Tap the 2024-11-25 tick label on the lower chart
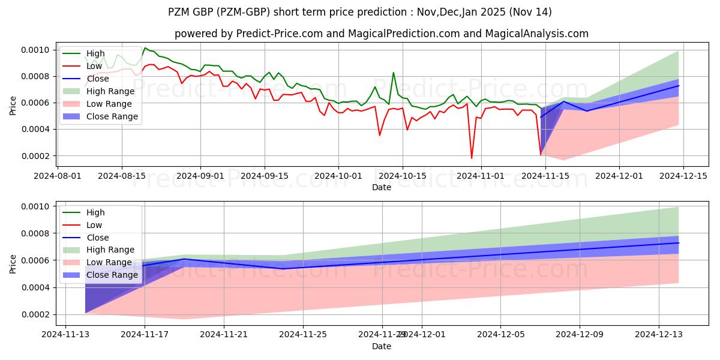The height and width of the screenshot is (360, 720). (303, 334)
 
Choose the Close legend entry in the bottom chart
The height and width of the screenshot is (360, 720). (97, 238)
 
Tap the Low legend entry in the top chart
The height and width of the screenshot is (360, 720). (94, 66)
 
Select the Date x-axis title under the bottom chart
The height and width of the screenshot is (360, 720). (382, 346)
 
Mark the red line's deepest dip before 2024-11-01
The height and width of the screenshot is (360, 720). (472, 158)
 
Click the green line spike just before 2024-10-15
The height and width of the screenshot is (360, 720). (394, 73)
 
